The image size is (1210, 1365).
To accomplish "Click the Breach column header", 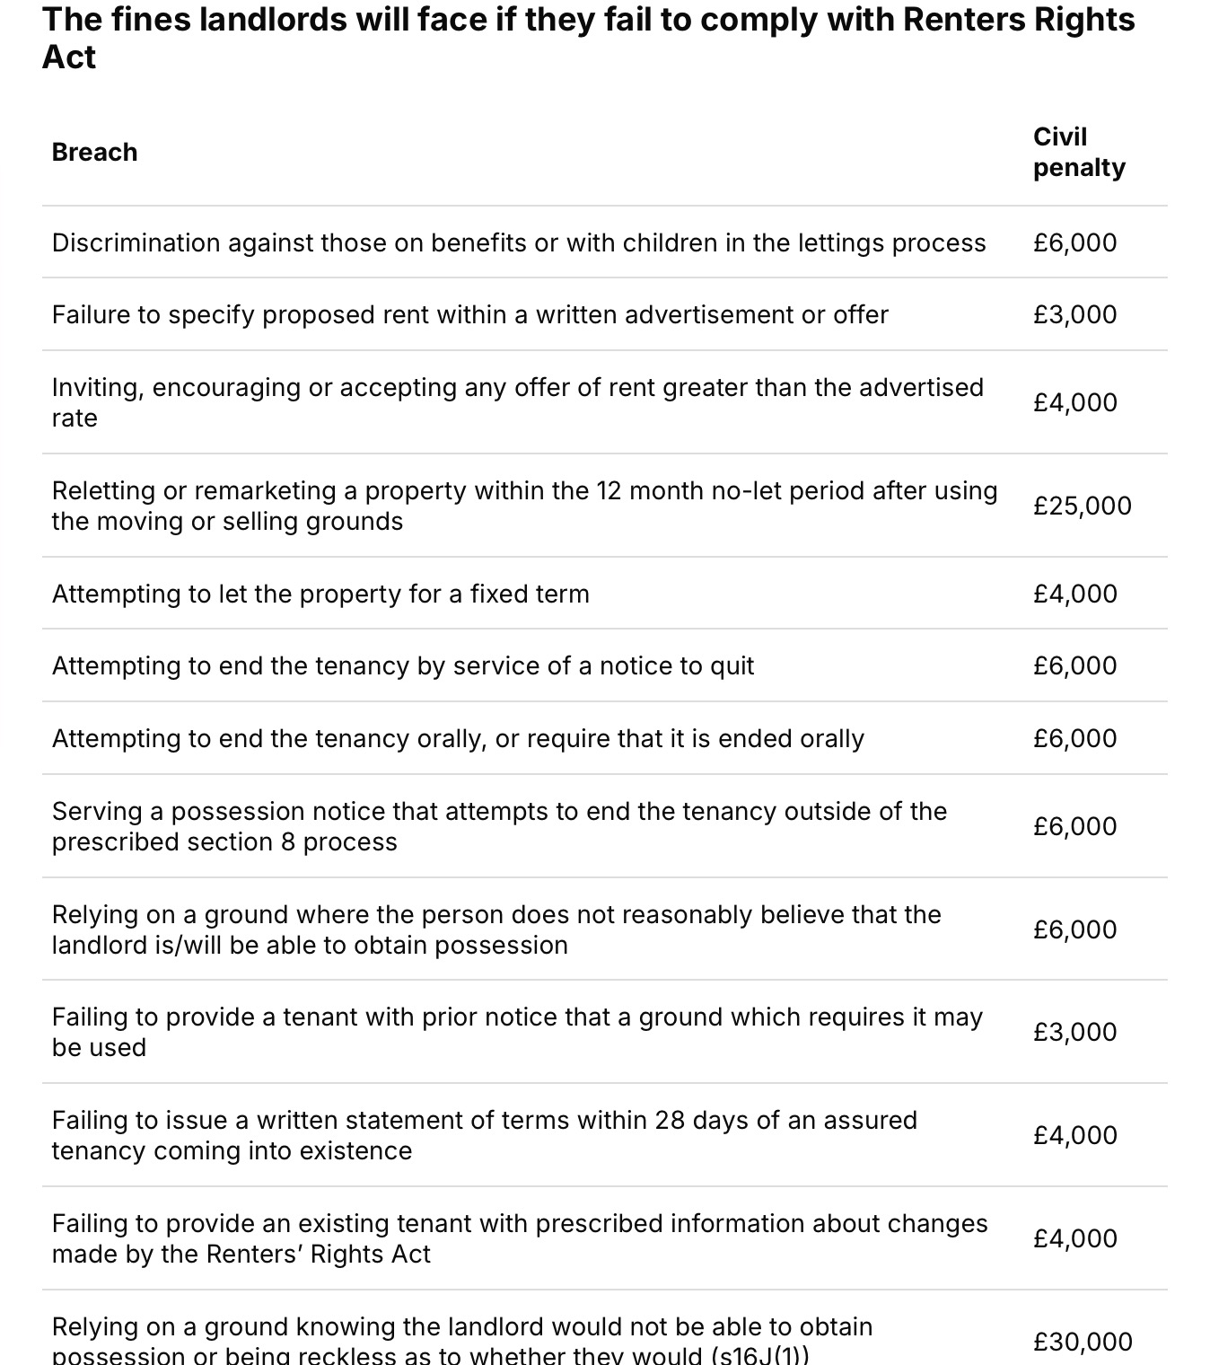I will click(94, 152).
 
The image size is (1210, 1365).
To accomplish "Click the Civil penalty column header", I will click(1078, 152).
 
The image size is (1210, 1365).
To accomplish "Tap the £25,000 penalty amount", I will click(1082, 506).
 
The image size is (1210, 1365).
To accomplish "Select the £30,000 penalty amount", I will click(1082, 1342).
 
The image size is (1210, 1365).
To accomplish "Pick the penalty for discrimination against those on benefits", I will click(1074, 242).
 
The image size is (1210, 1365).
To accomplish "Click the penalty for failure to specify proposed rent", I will click(1074, 314).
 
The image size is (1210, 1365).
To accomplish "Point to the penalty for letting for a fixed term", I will click(1074, 594).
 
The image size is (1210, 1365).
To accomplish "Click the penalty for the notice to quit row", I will click(1074, 665).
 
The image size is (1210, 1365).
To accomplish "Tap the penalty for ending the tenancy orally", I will click(1074, 738).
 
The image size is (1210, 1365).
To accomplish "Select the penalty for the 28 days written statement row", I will click(1074, 1135).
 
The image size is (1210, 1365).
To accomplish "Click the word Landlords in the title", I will click(272, 19).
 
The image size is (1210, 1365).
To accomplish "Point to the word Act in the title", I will click(69, 57).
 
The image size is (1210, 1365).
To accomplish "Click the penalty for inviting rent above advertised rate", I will click(1074, 402).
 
